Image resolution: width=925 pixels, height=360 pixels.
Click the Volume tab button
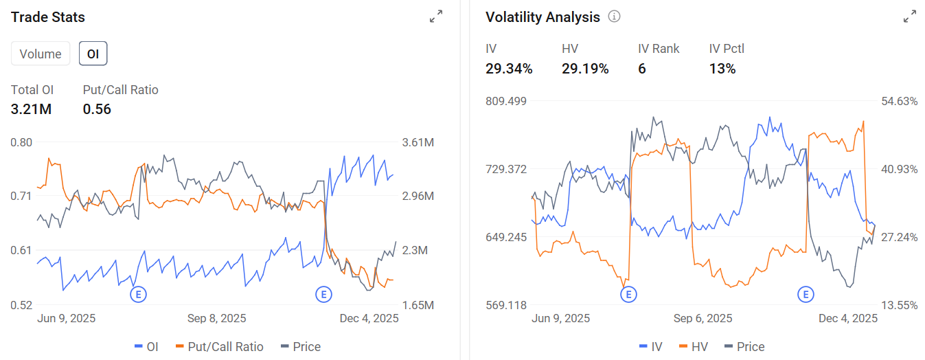(41, 54)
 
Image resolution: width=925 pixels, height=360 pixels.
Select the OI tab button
(93, 54)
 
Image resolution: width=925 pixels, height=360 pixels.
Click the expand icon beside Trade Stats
(436, 16)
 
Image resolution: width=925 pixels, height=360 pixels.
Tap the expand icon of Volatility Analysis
(910, 16)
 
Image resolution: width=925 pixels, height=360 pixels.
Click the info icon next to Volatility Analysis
(614, 16)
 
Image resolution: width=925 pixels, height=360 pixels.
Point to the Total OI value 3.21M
(31, 109)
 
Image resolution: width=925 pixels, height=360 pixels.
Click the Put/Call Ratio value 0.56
(97, 109)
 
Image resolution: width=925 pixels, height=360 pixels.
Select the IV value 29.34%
(509, 69)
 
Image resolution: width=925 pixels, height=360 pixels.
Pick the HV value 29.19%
(585, 69)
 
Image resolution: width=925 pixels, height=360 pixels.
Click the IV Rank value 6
(641, 69)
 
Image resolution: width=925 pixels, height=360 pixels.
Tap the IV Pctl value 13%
(722, 69)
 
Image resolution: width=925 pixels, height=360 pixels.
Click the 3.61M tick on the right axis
(418, 143)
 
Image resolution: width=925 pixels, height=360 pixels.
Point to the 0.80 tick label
(21, 143)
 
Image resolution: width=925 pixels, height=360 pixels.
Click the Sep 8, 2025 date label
(216, 318)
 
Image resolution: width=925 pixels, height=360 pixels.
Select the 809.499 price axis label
(506, 101)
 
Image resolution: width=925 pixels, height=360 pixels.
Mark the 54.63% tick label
(900, 101)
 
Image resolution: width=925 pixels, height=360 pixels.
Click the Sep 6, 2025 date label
(703, 318)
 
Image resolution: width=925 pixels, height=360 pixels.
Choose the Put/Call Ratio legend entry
(219, 347)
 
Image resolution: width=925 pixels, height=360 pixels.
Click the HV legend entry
(694, 347)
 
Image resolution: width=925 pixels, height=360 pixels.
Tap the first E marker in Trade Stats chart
(138, 295)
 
